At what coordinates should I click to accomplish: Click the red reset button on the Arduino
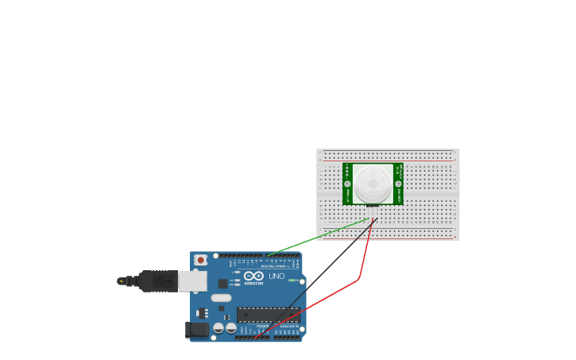(201, 260)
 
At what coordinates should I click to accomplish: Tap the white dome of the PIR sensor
(373, 184)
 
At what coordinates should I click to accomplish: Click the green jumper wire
(318, 238)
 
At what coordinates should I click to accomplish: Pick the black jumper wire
(326, 270)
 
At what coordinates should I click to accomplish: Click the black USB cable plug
(158, 281)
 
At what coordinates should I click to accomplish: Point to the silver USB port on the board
(192, 281)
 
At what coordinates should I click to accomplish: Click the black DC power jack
(196, 329)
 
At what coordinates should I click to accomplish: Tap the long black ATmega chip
(267, 315)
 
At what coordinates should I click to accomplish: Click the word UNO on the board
(276, 276)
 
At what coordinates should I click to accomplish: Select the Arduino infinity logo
(253, 276)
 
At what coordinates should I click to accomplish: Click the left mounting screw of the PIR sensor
(347, 184)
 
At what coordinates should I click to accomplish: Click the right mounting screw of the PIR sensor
(399, 184)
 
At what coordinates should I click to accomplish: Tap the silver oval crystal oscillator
(221, 298)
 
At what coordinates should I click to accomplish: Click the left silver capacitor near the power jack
(218, 327)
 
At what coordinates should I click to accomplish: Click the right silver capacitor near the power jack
(230, 327)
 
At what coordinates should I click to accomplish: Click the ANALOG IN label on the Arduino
(288, 327)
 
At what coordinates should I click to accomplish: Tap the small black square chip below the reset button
(222, 284)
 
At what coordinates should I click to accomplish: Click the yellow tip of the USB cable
(121, 281)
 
